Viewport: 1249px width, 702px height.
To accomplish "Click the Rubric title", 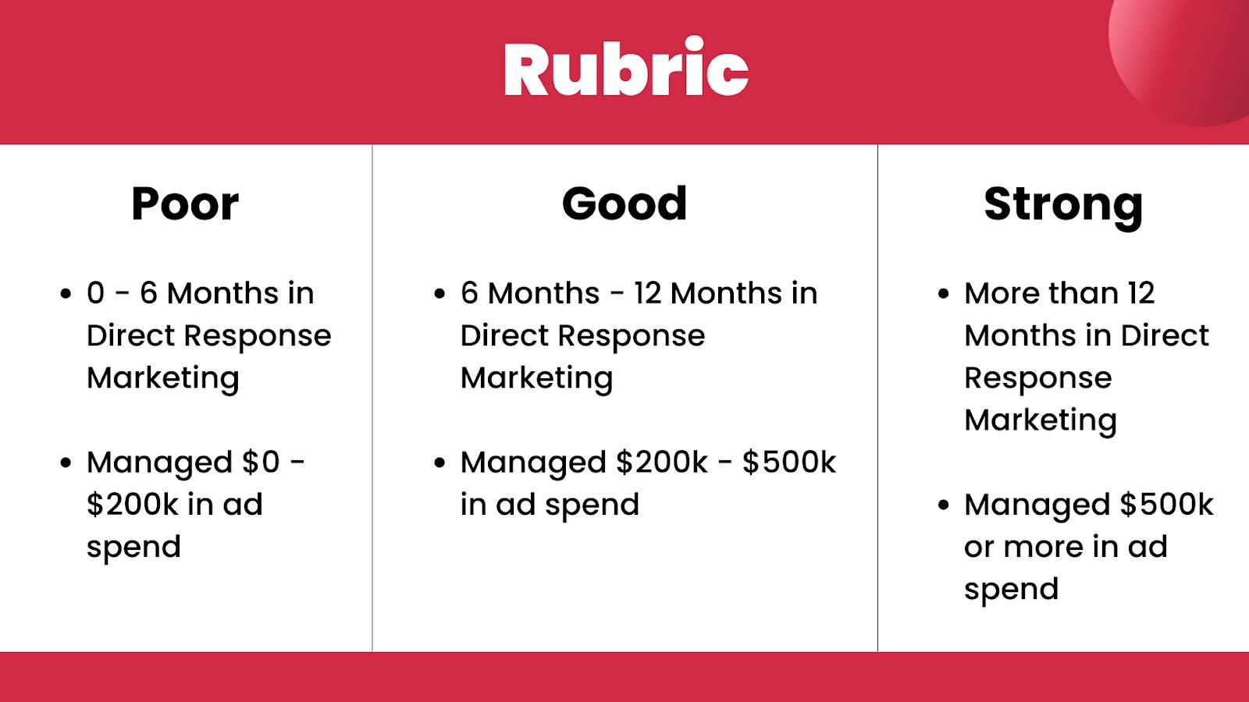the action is tap(625, 67).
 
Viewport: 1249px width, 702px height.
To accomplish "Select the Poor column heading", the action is tap(185, 204).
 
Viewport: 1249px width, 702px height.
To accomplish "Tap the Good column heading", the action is tap(624, 204).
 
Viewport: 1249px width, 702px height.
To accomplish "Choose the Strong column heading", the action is tap(1063, 207).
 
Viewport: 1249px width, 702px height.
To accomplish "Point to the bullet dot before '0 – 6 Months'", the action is tap(66, 294).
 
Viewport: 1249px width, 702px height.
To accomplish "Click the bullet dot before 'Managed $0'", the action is tap(66, 463).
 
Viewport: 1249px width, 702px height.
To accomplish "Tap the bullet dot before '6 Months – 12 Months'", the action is tap(440, 294).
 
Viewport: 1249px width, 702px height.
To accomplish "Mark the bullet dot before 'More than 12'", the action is tap(944, 294).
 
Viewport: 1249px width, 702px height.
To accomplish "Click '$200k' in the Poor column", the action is tap(133, 504).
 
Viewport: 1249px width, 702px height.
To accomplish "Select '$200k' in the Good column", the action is tap(662, 462).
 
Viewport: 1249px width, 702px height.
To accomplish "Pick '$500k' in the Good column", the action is tap(789, 462).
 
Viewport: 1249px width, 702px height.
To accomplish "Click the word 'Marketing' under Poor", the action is tap(163, 379).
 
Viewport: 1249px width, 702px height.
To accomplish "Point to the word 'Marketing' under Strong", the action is tap(1041, 421).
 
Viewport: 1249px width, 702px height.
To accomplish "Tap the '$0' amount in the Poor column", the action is tap(261, 462).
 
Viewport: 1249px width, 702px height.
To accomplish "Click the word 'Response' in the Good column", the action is tap(632, 337).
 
